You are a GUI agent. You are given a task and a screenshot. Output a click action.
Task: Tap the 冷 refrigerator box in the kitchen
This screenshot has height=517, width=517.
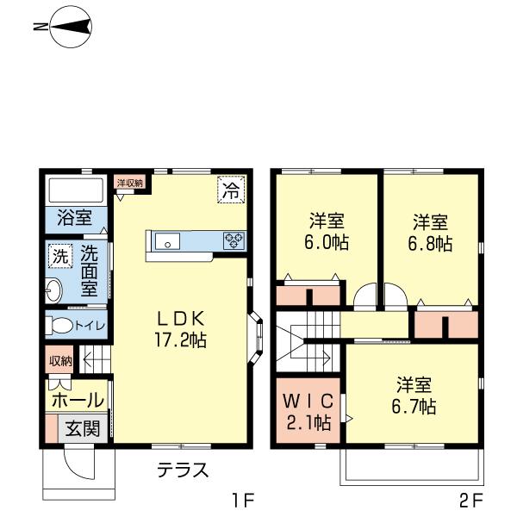pos(230,190)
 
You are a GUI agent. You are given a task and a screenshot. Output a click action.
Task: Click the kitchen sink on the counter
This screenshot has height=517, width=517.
pos(167,241)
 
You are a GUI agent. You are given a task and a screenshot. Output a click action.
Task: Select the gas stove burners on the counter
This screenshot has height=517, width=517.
pos(234,241)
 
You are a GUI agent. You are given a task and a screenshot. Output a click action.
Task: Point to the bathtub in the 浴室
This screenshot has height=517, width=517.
pos(75,190)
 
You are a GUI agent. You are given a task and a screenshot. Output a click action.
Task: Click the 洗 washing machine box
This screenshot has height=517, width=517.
pos(59,256)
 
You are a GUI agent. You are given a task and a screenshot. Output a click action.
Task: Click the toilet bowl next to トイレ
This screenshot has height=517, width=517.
pos(59,327)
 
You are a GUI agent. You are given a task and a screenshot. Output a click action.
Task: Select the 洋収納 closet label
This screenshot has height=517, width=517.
pos(130,183)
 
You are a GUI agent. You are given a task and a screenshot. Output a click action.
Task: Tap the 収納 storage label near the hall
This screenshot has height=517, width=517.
pos(60,360)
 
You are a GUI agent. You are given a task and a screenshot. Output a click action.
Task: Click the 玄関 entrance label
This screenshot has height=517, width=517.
pos(84,428)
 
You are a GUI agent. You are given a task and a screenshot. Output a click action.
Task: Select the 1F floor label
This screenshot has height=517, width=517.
pos(244,499)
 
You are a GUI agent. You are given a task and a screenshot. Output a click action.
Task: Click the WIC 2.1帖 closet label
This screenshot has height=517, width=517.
pos(308,412)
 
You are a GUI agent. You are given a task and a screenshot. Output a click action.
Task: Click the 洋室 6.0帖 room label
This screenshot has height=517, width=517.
pos(327,230)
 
